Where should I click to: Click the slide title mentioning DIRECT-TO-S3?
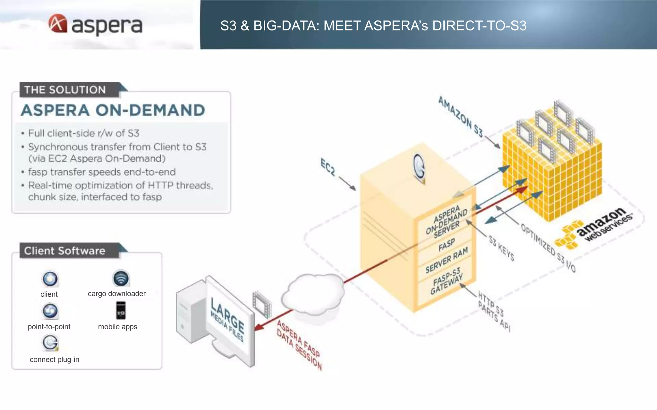373,26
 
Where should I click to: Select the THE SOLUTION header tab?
65,90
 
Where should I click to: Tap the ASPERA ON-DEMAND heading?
113,111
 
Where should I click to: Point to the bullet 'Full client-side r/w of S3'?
84,133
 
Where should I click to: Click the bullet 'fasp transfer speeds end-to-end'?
102,172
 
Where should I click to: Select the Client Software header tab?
65,251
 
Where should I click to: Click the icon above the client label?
50,279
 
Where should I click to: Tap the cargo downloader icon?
121,278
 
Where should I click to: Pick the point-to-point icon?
50,311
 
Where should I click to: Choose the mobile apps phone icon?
121,310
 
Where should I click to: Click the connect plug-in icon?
50,343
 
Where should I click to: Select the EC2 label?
328,167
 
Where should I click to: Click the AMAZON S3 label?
460,117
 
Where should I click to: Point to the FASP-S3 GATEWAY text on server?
447,281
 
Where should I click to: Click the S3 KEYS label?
501,248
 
